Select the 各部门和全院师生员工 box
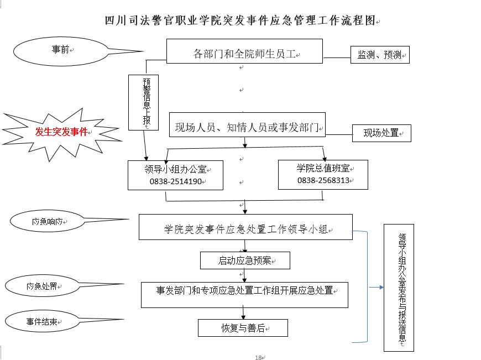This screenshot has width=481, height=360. coord(245,54)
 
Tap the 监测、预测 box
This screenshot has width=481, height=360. coord(380,55)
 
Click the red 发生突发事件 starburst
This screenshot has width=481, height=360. coord(61,132)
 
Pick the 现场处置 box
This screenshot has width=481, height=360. coord(381,133)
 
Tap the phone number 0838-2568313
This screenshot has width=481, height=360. coord(323,180)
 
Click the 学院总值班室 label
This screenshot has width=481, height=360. coord(323,168)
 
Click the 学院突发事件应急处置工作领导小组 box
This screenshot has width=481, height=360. coord(245,228)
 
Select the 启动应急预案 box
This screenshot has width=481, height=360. coord(244,260)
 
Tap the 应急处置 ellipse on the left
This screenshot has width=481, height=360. coord(41,286)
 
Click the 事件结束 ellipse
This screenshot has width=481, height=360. coord(41,321)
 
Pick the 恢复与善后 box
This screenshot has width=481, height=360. coord(243,328)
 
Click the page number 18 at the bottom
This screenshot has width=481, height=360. coord(258,357)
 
